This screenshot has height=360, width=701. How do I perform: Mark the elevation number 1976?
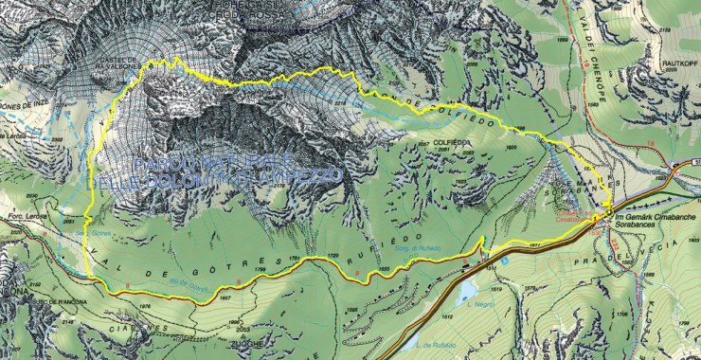(x=145, y=306)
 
